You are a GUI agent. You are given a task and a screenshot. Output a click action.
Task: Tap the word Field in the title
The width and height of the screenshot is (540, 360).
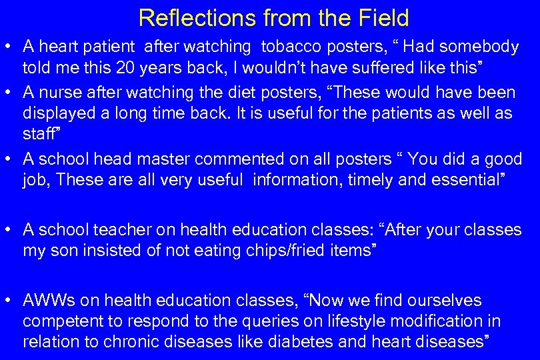(381, 18)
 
